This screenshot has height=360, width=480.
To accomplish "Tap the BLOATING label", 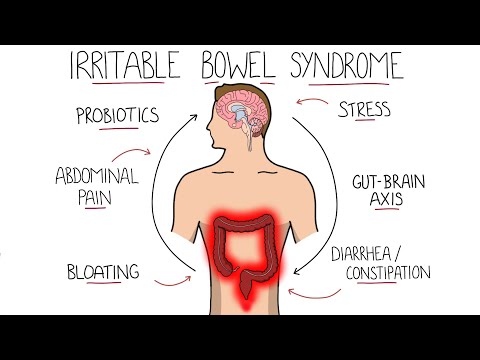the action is point(102,271).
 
